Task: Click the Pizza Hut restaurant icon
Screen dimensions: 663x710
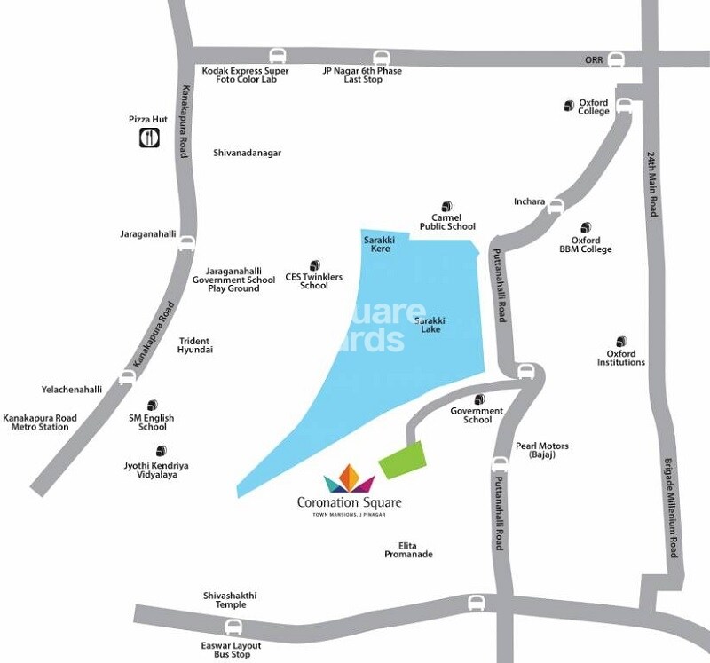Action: pos(148,138)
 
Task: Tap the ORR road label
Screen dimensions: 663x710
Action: pos(594,60)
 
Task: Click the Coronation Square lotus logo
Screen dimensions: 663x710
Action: pos(349,478)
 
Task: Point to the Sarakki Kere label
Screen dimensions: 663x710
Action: pos(376,244)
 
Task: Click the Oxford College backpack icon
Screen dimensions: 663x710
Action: pos(569,106)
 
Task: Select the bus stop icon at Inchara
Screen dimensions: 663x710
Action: pos(556,208)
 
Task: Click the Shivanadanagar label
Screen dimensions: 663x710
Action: pos(247,153)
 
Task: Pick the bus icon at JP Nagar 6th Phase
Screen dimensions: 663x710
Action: pos(381,58)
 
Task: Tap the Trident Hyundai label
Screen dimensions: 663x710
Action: pos(195,345)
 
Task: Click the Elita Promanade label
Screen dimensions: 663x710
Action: pos(408,549)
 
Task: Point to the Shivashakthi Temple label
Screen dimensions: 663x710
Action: pos(224,600)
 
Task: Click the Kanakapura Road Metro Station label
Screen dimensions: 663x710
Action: pos(40,422)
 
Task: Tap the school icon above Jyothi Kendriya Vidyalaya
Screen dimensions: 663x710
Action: pos(161,451)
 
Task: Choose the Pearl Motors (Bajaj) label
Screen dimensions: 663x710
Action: pos(541,450)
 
